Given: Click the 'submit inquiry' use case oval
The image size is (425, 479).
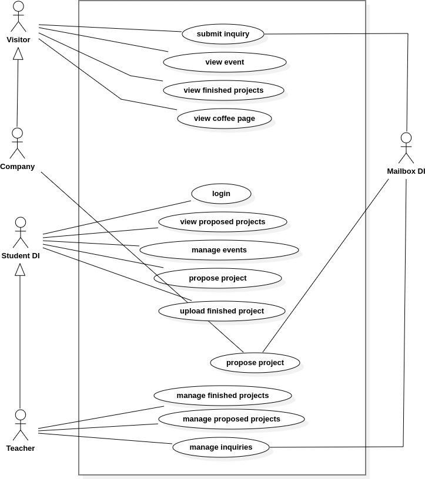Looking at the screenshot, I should tap(223, 34).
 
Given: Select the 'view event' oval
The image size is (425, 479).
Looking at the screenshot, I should tap(225, 62).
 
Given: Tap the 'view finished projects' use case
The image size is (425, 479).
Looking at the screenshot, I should tap(223, 90).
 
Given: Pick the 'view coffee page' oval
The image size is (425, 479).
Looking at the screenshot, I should tap(225, 119).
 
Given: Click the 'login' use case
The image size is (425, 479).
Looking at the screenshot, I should tap(221, 194).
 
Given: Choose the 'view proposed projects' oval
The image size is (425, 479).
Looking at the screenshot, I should tap(223, 222).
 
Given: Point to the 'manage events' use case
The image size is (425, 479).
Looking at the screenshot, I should tap(219, 250).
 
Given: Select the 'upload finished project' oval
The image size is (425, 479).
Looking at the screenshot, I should tap(222, 311).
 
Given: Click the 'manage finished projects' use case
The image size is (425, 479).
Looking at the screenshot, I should tap(223, 396).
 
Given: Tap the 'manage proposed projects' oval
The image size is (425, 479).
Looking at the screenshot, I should tap(232, 419).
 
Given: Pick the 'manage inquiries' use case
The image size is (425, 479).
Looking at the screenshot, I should tap(221, 447).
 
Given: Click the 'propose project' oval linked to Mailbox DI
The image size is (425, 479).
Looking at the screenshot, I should tap(255, 363).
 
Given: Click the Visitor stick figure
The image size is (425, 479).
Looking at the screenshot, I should tap(18, 16).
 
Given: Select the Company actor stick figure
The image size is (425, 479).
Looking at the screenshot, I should tap(18, 143).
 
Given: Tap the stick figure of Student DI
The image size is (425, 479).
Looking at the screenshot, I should tap(21, 232).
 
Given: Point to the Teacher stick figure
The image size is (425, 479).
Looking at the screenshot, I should tap(21, 425).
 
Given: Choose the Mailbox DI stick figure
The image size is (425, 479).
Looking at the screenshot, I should tap(406, 148).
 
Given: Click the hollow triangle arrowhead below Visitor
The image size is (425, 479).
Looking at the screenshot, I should tap(18, 53).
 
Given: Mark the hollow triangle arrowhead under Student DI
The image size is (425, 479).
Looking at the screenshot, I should tap(21, 269).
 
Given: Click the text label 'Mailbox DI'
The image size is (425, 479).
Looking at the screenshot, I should tap(406, 171).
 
